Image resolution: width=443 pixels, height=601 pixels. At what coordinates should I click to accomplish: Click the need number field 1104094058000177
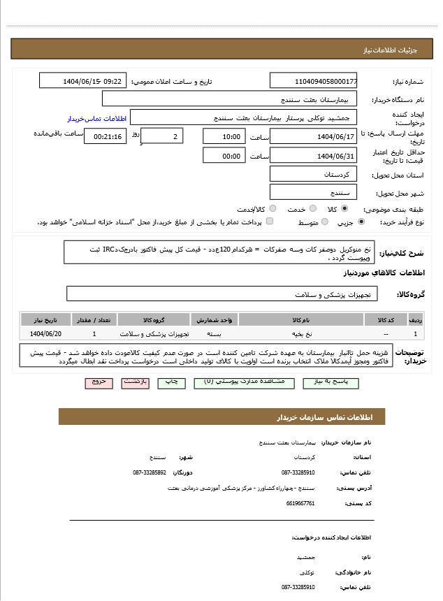313,81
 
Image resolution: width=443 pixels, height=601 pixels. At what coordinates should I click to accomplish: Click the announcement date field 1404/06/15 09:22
82,81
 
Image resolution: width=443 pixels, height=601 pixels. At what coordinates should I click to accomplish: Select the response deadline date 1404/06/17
313,136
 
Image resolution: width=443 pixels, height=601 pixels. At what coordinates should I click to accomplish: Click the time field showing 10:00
224,136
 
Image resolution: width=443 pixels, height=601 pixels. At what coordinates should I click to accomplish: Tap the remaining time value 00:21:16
105,136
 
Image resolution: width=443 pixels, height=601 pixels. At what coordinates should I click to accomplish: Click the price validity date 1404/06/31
313,156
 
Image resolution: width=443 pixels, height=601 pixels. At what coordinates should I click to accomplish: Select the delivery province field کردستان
313,173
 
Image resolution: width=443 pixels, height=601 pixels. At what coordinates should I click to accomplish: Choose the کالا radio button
344,208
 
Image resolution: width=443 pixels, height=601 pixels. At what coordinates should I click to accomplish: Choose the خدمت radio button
311,208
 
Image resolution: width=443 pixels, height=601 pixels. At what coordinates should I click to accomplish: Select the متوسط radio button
324,222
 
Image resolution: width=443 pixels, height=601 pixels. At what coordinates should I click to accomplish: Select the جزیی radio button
361,222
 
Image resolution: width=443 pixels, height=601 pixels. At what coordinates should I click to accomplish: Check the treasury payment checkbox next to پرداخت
269,222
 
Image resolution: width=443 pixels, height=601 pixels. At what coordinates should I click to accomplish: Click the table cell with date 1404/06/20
45,334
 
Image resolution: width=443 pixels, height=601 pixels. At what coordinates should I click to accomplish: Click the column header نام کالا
301,320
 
